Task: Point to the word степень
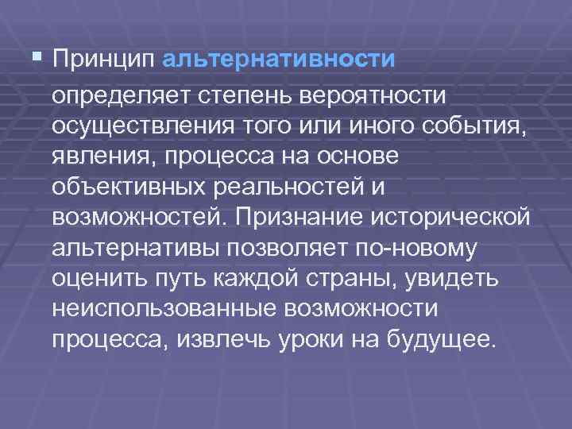click(242, 97)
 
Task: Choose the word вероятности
click(371, 97)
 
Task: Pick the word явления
click(101, 157)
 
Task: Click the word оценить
click(94, 278)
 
